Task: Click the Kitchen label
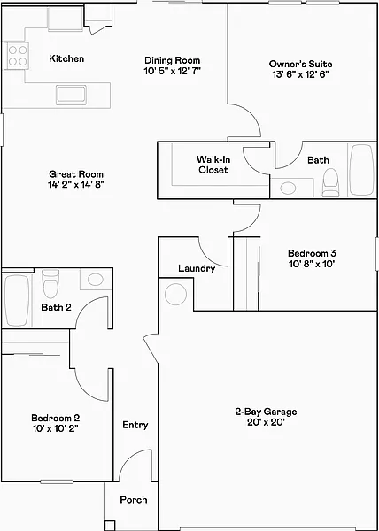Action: coord(66,58)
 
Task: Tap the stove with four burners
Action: coord(16,56)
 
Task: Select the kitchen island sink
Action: coord(71,95)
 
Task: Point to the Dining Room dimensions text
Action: coord(173,71)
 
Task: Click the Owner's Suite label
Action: coord(301,64)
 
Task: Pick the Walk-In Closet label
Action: coord(213,165)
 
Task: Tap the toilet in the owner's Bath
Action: coord(330,182)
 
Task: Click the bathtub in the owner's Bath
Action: coord(362,170)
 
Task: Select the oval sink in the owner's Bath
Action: coord(288,189)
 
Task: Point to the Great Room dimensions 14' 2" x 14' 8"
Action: coord(76,185)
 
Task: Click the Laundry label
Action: coord(197,269)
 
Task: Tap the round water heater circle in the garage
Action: coord(176,295)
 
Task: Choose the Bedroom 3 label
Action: coord(313,253)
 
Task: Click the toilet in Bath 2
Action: coord(51,283)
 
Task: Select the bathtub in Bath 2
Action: coord(17,301)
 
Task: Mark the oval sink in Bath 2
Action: coord(95,280)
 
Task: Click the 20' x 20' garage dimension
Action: coord(266,422)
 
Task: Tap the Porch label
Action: coord(134,499)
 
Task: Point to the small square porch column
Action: coord(110,525)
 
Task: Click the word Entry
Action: coord(135,425)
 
